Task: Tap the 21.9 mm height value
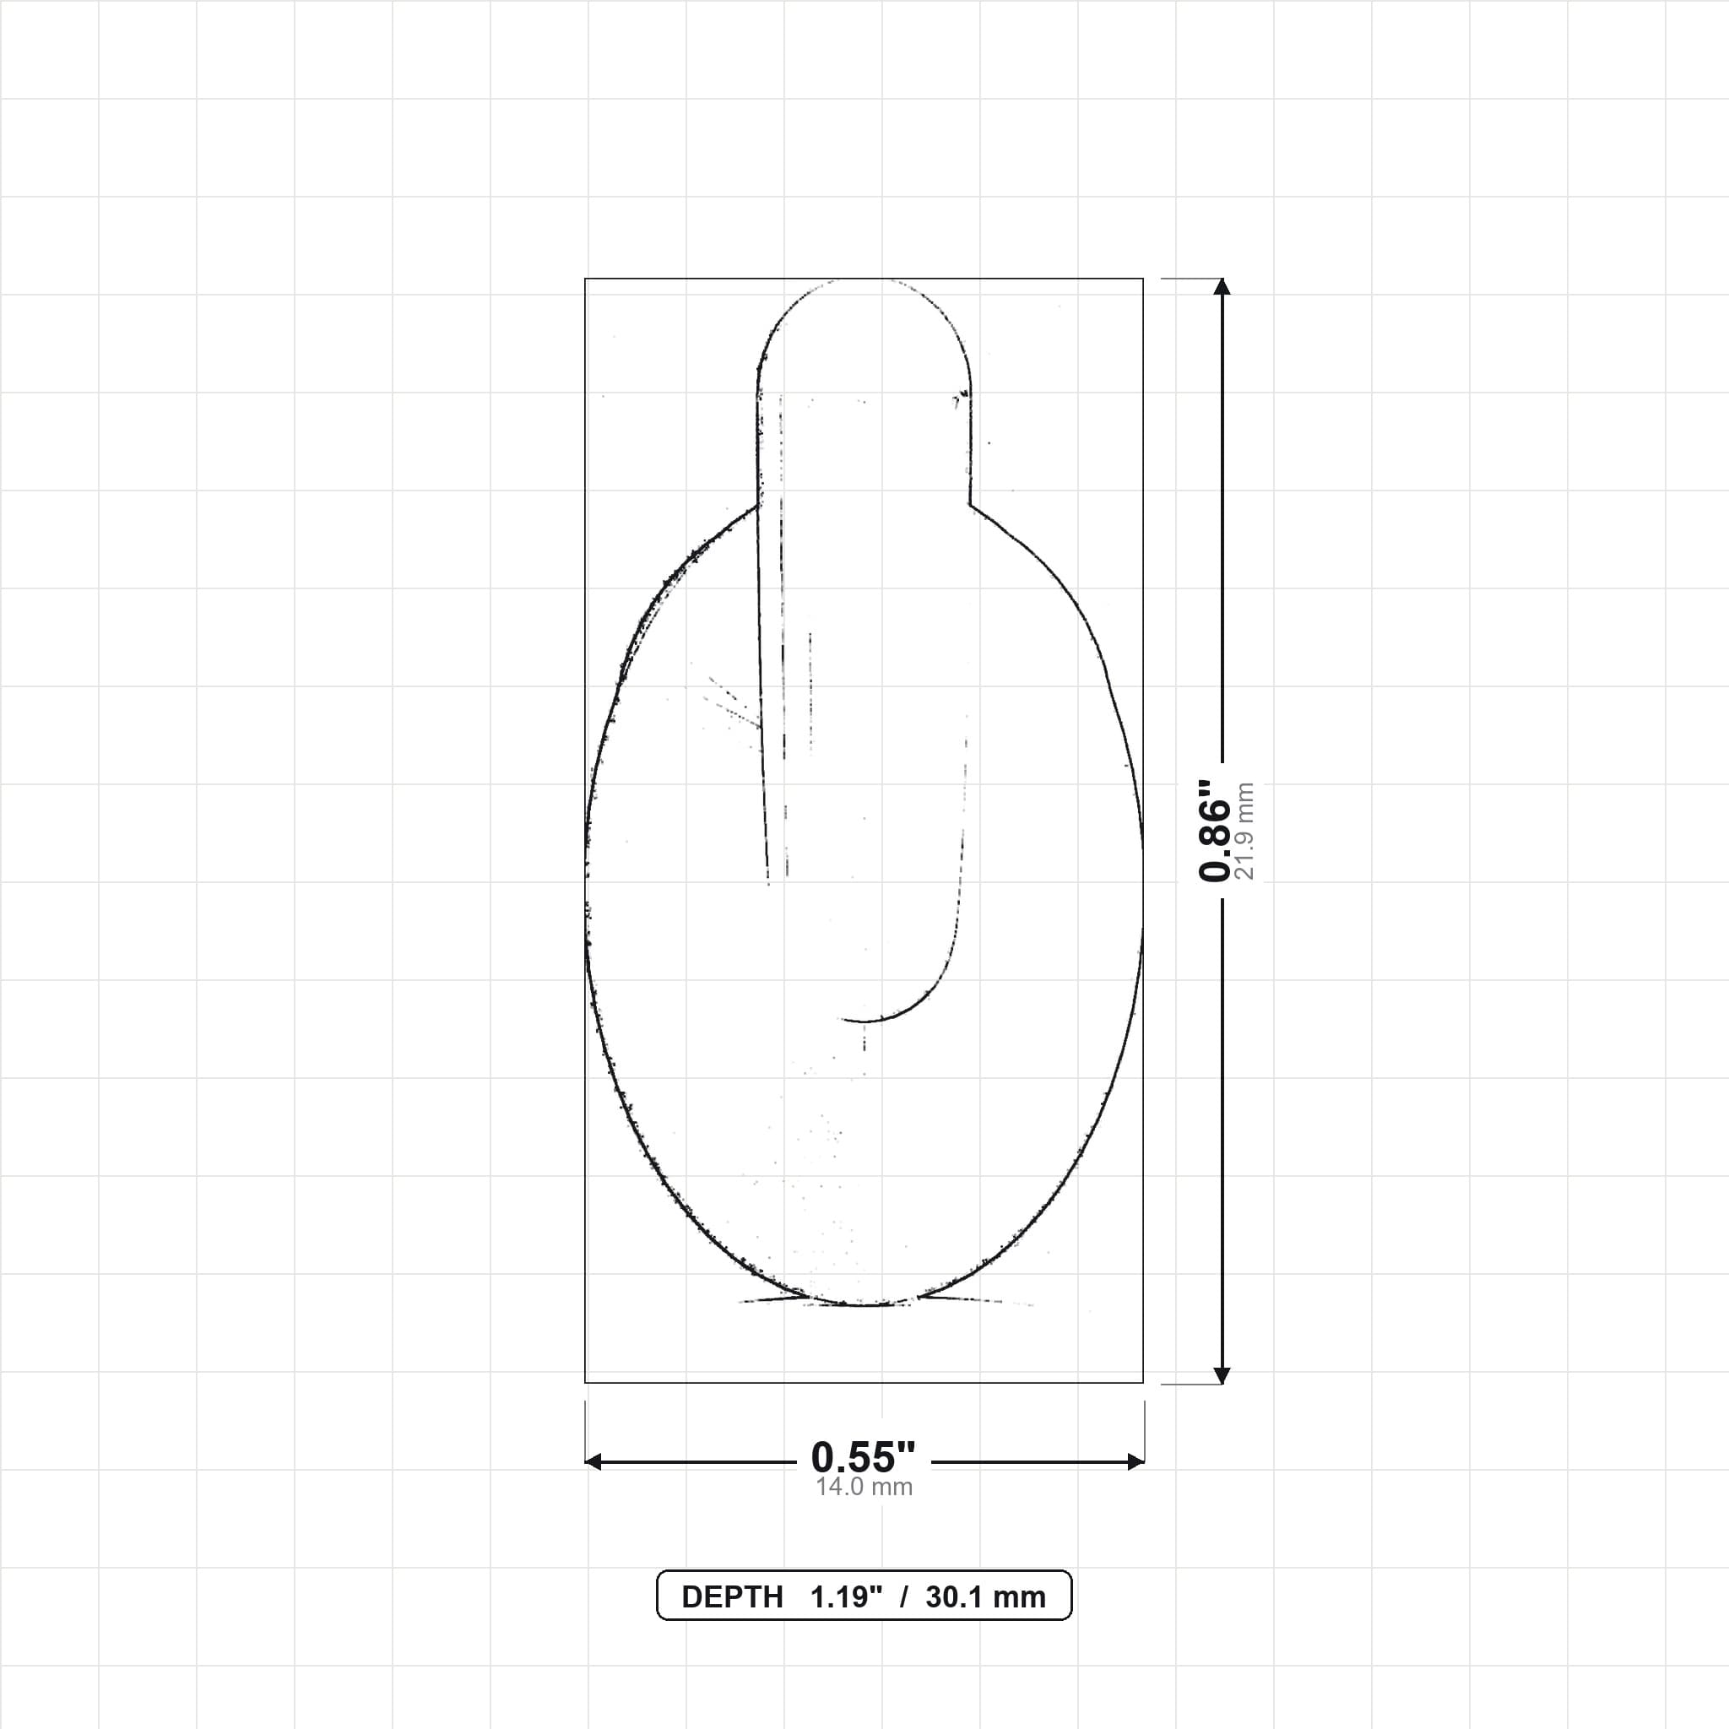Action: coord(1245,832)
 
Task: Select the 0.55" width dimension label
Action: coord(864,1458)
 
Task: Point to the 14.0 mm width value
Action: coord(864,1488)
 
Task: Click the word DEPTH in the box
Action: coord(732,1597)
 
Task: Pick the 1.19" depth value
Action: coord(847,1597)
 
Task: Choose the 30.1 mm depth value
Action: coord(985,1597)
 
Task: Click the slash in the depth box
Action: coord(904,1597)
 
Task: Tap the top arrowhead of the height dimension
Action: coord(1222,286)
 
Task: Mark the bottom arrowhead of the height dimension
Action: coord(1222,1375)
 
